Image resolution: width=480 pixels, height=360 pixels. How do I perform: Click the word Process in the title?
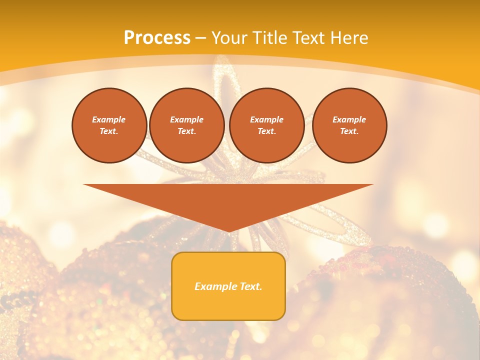click(157, 38)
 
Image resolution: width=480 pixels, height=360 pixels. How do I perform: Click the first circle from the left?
click(109, 125)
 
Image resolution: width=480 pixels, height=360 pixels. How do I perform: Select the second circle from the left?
click(186, 125)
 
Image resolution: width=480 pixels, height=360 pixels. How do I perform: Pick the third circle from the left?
click(266, 125)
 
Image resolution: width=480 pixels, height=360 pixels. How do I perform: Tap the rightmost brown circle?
click(349, 125)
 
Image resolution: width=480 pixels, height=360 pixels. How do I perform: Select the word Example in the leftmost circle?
click(109, 119)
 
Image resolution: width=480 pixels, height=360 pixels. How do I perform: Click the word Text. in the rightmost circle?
click(349, 131)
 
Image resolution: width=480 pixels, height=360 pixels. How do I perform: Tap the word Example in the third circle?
click(266, 119)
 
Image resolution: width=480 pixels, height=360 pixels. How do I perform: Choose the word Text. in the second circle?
click(186, 131)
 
